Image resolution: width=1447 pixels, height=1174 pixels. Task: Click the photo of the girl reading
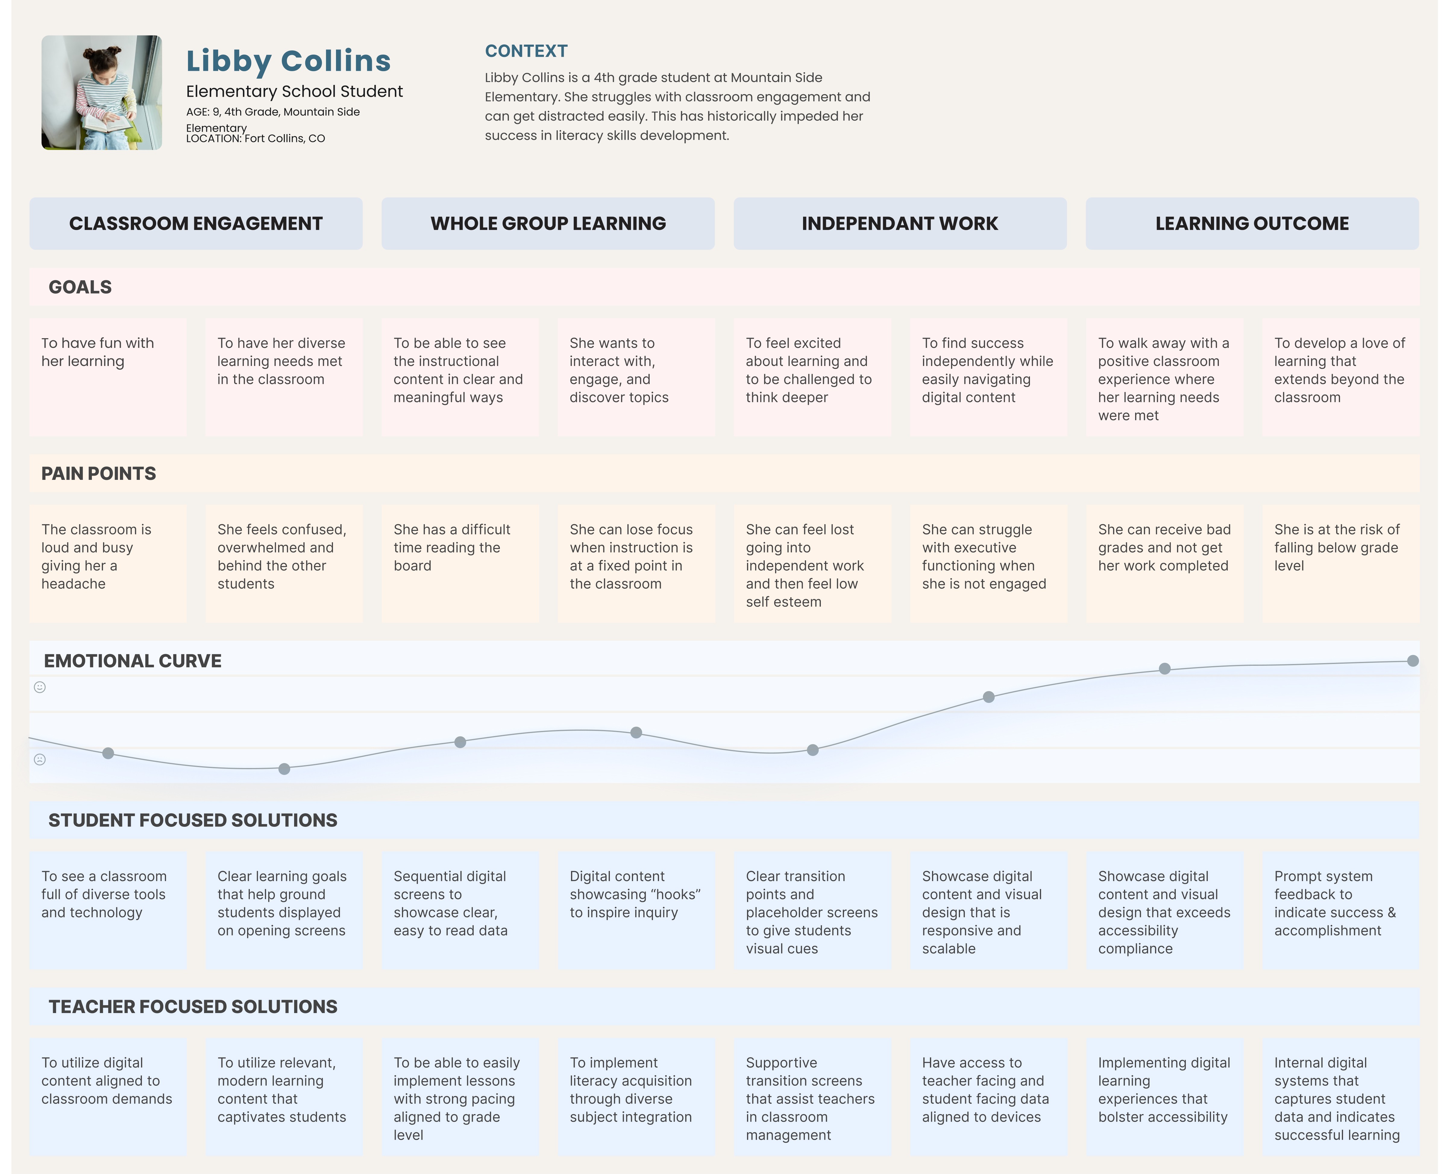pyautogui.click(x=102, y=93)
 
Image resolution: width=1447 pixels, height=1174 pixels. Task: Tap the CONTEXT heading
pyautogui.click(x=526, y=52)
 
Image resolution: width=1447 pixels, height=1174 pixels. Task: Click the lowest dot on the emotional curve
pyautogui.click(x=285, y=769)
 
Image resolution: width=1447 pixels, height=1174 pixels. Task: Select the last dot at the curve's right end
pyautogui.click(x=1413, y=661)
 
